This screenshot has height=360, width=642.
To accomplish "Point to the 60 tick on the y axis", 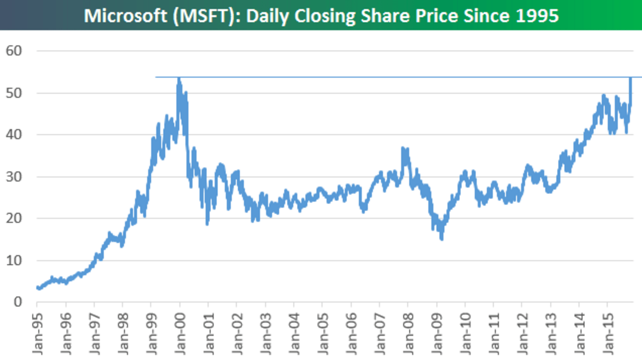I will coord(15,51).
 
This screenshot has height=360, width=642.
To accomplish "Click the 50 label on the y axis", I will coord(15,93).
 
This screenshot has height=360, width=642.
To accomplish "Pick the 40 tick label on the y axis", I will coord(15,135).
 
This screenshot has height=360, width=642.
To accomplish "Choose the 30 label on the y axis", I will coord(15,177).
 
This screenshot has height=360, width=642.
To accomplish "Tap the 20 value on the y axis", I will coord(15,219).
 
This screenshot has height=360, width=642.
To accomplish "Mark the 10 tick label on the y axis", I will coord(15,261).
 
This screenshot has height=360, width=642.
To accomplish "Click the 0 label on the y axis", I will coord(19,302).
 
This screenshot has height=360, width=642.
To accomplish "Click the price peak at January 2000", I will coord(179,79).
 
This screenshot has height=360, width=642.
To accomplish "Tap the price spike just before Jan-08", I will coord(403,148).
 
